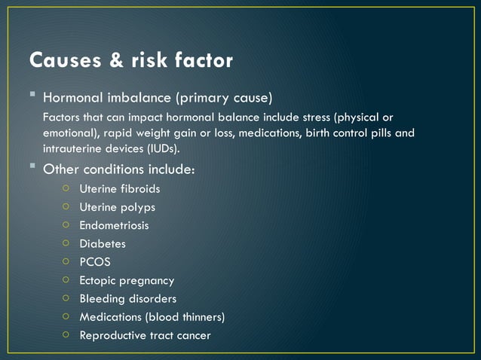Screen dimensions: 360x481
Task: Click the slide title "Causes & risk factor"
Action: (x=130, y=60)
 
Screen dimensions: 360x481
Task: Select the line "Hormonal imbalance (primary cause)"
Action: (x=158, y=99)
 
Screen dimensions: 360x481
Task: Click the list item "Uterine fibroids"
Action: (x=119, y=189)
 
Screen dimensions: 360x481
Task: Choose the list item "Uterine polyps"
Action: (x=117, y=207)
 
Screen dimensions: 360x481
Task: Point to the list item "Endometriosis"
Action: (x=114, y=225)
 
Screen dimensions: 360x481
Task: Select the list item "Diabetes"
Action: (x=103, y=244)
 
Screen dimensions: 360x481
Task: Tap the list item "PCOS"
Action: (x=95, y=262)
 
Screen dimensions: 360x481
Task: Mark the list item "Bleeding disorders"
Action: (x=127, y=299)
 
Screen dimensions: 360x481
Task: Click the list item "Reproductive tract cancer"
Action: (x=145, y=335)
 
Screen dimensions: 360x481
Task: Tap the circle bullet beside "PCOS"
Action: (x=66, y=261)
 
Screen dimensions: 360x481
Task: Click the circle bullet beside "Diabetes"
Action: (x=66, y=243)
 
